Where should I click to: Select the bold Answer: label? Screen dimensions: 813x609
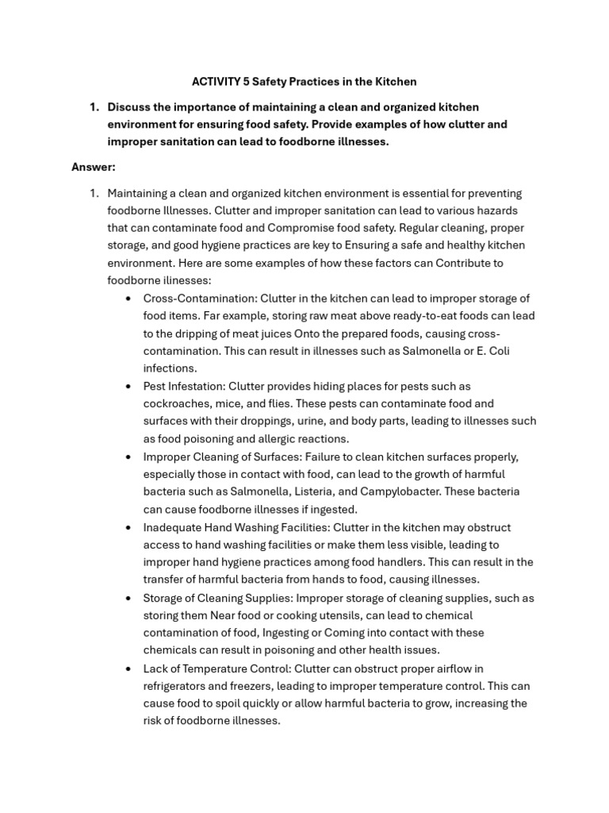(94, 167)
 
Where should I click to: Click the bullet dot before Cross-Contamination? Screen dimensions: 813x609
(129, 299)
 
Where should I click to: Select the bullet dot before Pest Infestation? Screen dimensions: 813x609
(129, 387)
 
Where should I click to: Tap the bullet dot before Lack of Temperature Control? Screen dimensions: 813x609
(129, 669)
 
